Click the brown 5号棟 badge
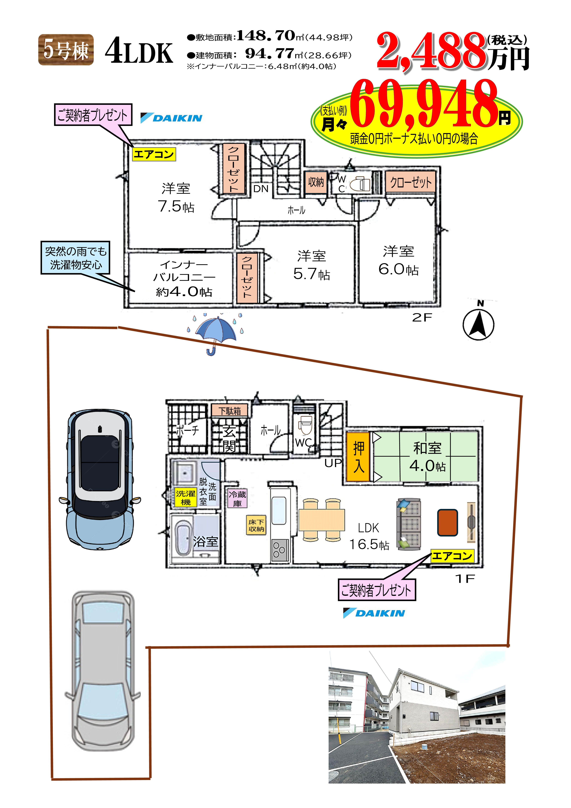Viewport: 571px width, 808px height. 66,50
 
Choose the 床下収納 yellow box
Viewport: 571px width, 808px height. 256,525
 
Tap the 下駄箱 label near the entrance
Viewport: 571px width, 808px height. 230,411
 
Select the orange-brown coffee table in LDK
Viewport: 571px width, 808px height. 447,523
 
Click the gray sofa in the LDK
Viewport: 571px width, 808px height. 409,524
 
